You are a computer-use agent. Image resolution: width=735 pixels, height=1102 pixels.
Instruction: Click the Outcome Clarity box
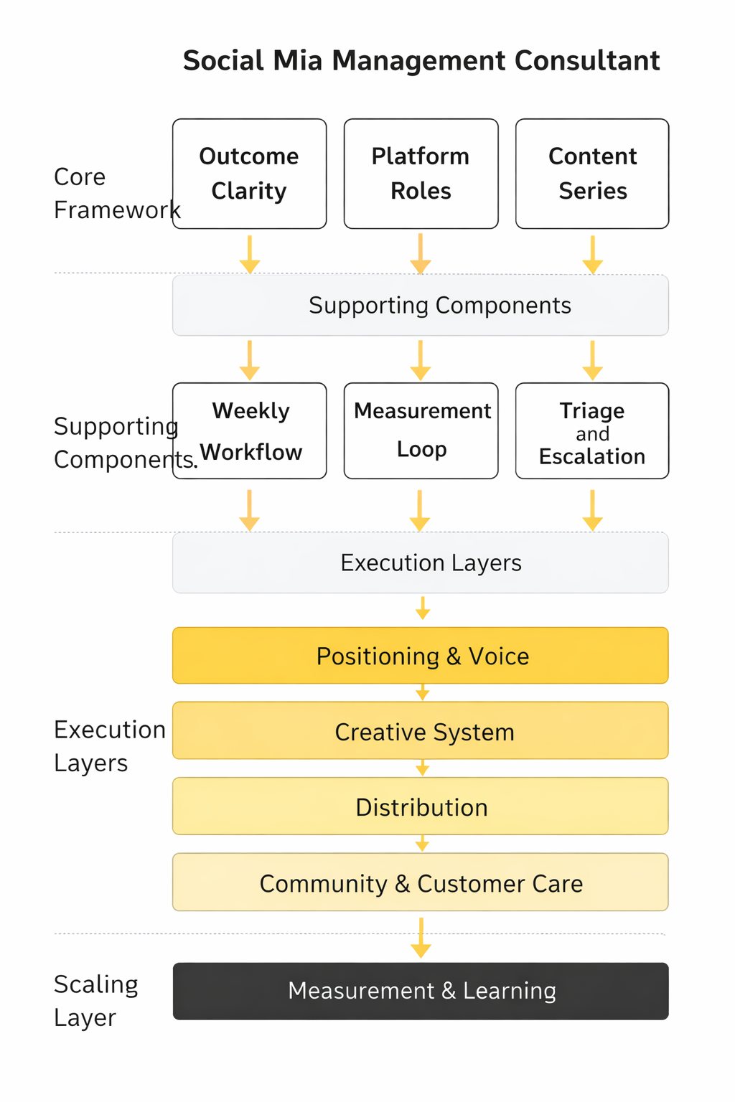249,174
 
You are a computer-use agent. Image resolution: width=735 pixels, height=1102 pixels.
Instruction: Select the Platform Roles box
421,174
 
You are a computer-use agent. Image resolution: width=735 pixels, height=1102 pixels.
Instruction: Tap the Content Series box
592,174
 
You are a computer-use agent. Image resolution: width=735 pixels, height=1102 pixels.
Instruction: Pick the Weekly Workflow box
249,430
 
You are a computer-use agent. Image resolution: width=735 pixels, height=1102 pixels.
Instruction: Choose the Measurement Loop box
421,430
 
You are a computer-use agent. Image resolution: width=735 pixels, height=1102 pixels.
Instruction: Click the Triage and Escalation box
592,430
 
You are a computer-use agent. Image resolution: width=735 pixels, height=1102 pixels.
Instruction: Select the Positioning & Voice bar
421,656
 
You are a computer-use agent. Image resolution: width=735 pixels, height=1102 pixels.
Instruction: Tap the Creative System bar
421,731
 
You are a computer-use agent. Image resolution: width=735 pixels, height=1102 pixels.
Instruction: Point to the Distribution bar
421,806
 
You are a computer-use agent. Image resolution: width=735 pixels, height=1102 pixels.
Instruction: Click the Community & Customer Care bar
421,882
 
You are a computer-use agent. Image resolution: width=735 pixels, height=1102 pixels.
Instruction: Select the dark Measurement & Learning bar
421,991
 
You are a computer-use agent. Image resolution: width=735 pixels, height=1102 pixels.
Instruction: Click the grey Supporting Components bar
421,306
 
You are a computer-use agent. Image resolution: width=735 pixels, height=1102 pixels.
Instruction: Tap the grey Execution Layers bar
421,563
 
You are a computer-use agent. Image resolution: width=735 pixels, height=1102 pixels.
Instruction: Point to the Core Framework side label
115,193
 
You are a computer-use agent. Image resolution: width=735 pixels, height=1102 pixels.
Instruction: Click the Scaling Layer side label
95,1001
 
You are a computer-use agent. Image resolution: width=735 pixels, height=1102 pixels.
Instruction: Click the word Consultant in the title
587,61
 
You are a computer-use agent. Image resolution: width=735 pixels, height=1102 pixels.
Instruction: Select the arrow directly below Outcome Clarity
250,254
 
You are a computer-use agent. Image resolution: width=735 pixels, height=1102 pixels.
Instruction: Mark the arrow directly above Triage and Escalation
592,360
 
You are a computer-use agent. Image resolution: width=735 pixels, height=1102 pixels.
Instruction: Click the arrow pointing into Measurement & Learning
421,938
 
